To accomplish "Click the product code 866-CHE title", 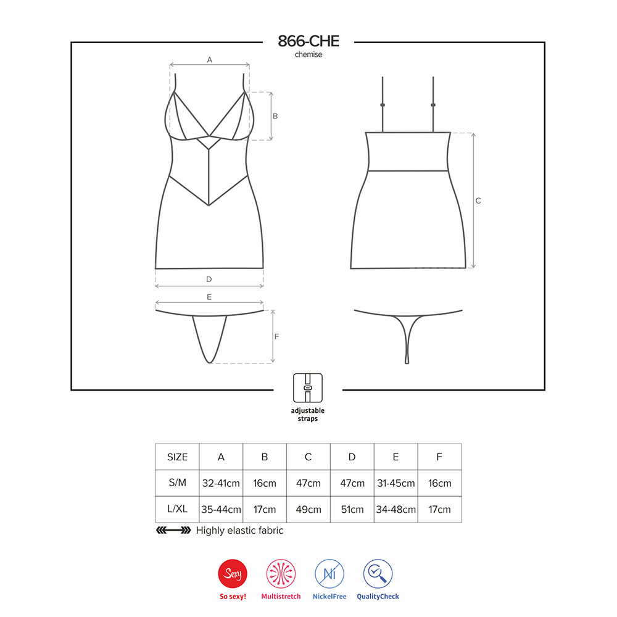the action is [308, 41].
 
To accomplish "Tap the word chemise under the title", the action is [308, 54].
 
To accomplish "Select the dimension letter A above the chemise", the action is [210, 60].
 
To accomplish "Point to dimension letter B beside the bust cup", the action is [275, 116].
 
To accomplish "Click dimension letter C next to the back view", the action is [478, 201].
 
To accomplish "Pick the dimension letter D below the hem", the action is [209, 279].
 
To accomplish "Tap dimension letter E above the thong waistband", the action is [209, 297].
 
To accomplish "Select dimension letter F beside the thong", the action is [276, 336].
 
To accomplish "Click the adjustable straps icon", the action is [308, 388].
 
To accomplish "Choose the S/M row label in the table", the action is [177, 482].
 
